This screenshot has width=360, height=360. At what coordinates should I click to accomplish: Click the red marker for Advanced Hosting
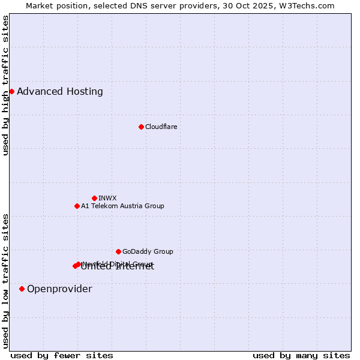coord(11,91)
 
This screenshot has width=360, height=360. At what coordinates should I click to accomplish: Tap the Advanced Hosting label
coord(60,92)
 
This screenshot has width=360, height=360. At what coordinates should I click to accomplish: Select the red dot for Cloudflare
coord(141,127)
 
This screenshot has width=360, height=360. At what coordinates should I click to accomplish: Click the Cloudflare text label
coord(161,127)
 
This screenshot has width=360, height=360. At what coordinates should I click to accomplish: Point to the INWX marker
coord(94,198)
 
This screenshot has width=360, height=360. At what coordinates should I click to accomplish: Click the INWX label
coord(107,198)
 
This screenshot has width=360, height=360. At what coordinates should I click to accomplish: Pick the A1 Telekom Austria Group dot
coord(77,206)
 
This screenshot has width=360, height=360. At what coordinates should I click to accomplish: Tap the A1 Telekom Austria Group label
coord(122,206)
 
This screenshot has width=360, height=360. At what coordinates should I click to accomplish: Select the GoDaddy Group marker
coord(118,251)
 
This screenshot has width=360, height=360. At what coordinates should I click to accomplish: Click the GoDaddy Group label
coord(148,251)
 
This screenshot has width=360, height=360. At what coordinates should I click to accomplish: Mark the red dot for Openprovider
coord(22,289)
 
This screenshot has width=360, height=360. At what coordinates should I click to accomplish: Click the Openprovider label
coord(59,289)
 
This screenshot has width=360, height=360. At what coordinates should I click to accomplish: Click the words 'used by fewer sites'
coord(62,355)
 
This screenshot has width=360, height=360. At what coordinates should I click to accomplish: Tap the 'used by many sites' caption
coord(301,355)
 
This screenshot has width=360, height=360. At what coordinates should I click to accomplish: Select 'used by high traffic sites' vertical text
coord(5,85)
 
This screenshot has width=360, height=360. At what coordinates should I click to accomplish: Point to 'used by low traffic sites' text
coord(5,280)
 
